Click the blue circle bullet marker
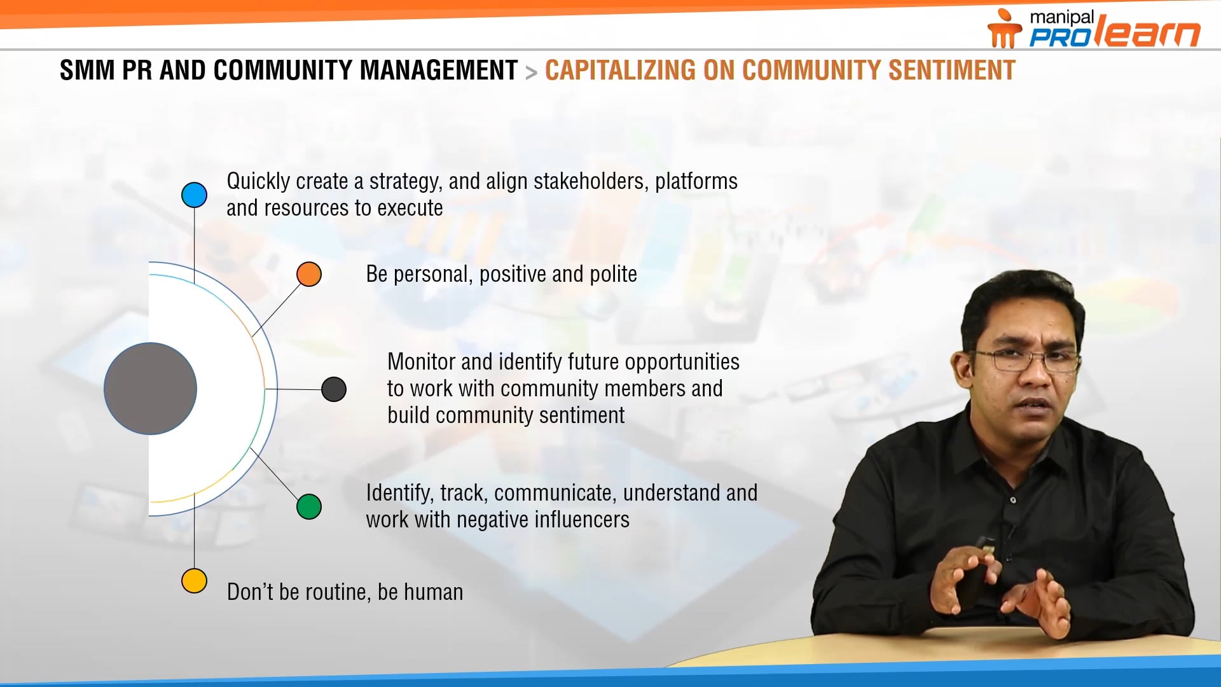(x=194, y=195)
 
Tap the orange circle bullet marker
(x=309, y=274)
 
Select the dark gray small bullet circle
(x=334, y=389)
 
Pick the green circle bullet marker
(x=309, y=507)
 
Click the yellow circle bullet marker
(x=194, y=581)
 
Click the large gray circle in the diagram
(x=151, y=389)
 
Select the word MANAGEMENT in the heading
(x=439, y=71)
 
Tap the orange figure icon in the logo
(x=1003, y=29)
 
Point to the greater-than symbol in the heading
(x=531, y=73)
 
